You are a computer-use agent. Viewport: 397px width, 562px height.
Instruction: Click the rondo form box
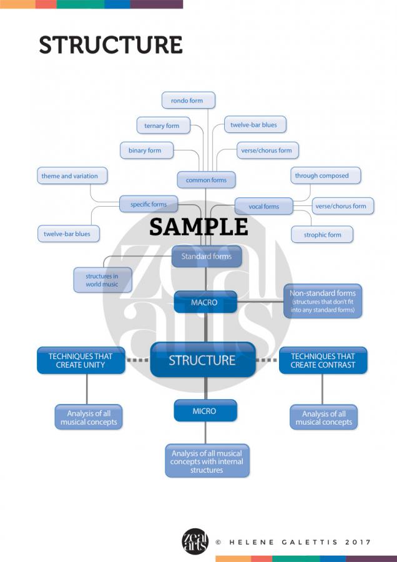coord(187,100)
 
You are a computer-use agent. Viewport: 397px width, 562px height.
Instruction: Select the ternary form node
coord(162,126)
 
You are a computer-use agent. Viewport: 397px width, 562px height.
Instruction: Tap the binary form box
coord(145,150)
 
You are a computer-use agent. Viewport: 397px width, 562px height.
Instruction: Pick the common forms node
coord(206,180)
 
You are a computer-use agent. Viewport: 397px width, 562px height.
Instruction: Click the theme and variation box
coord(69,176)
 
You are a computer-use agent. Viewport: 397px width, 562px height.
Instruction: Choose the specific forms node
coord(149,204)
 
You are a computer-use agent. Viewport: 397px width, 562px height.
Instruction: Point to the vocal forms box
coord(263,206)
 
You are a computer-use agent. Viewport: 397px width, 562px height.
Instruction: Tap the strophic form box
coord(322,235)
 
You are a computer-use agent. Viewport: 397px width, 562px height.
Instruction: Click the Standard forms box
coord(206,256)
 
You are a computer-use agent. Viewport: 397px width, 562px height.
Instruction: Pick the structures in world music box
coord(102,280)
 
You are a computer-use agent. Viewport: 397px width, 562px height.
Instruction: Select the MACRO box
coord(205,302)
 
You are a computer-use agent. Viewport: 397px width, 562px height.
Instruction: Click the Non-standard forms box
coord(323,301)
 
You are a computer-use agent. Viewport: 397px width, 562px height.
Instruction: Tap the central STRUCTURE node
coord(202,360)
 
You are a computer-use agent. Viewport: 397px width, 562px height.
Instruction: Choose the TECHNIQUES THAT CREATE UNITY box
coord(81,360)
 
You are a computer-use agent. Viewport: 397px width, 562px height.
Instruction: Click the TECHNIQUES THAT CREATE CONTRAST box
coord(323,360)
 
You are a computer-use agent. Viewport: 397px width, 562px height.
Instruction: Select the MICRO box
coord(205,411)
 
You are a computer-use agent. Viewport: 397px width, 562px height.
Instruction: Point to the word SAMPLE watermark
coord(198,227)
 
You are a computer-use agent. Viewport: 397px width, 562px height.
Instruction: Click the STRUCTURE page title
coord(110,45)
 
